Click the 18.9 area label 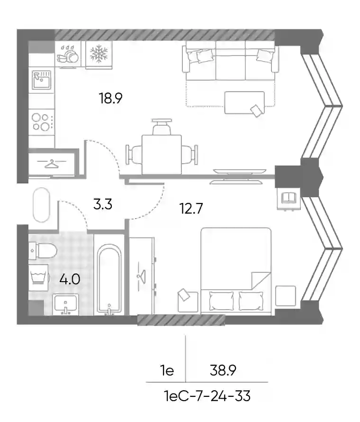point(110,98)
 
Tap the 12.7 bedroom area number point(191,209)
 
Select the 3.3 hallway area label point(103,204)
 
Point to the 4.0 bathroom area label point(70,279)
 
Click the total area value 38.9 point(223,370)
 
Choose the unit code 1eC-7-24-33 point(207,396)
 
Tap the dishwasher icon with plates point(68,54)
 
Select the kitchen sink point(41,80)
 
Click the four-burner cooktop point(42,122)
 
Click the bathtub point(109,279)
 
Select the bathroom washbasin point(65,304)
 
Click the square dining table point(162,155)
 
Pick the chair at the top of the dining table point(162,127)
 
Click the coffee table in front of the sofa point(244,103)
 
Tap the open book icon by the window point(289,198)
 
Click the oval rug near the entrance point(41,205)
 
